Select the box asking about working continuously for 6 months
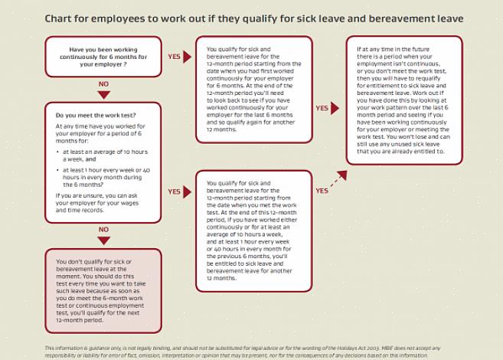103,57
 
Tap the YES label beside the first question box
174,56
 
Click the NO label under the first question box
103,84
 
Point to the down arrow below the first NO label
103,94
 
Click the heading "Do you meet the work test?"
96,115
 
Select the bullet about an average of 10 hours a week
107,155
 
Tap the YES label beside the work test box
174,191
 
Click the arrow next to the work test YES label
188,191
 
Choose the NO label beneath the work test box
103,229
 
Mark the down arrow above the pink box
103,240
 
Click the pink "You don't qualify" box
103,290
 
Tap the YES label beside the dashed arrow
322,190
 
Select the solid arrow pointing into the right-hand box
335,108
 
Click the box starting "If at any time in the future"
404,100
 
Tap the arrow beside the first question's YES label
188,56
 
